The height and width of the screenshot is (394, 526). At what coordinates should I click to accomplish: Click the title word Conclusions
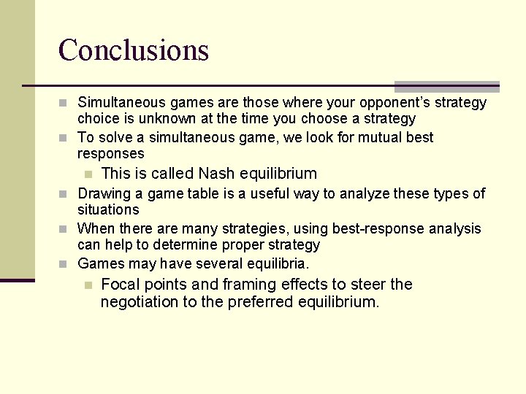134,50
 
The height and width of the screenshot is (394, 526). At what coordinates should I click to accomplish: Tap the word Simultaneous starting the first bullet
121,102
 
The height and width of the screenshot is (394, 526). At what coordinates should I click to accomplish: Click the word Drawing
102,193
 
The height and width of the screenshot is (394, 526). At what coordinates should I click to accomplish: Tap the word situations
108,209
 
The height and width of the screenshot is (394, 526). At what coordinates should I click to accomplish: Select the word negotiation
140,301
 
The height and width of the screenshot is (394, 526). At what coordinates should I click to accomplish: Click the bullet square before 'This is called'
88,174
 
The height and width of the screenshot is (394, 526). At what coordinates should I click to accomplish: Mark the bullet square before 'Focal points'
88,285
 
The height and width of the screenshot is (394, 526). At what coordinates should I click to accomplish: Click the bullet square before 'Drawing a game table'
64,194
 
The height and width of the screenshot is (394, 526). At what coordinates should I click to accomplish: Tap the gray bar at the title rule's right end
447,86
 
